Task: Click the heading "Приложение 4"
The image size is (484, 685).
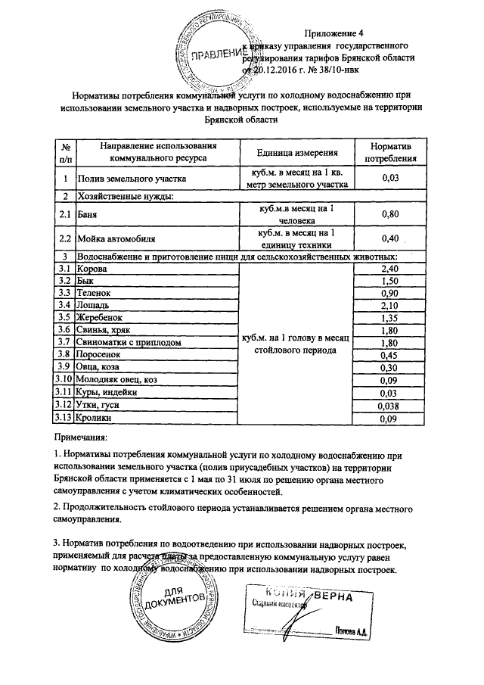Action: [x=334, y=33]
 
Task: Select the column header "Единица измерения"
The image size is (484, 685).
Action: [x=294, y=152]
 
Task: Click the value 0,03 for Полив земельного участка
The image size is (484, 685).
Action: [x=390, y=178]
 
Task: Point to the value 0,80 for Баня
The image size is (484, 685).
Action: [x=390, y=214]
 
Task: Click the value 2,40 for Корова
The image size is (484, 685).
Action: [x=390, y=269]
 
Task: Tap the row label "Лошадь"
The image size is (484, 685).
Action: [x=93, y=305]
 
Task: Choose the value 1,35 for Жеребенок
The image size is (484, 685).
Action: [x=390, y=318]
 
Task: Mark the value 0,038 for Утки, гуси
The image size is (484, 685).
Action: [x=390, y=405]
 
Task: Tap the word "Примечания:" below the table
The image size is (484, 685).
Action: [x=81, y=437]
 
